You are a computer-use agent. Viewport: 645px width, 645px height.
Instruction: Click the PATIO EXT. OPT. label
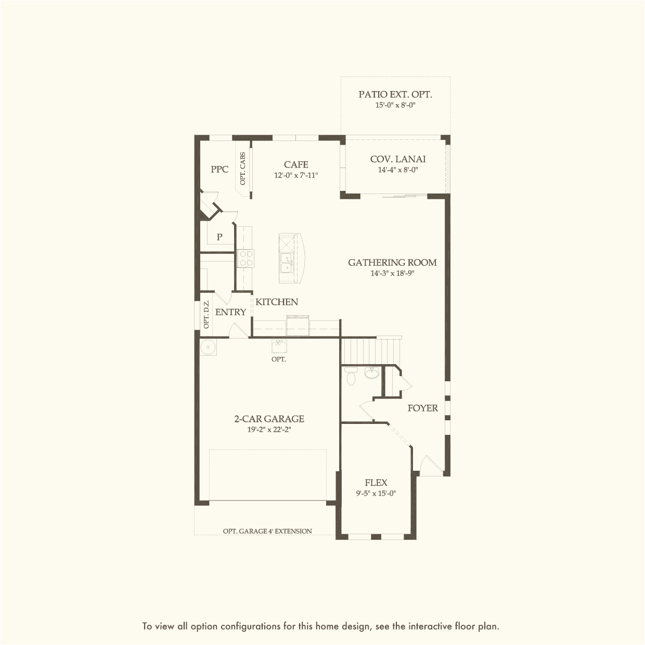[395, 94]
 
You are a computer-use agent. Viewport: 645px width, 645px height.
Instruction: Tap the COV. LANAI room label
[398, 159]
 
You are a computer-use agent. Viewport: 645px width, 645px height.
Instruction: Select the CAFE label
[296, 164]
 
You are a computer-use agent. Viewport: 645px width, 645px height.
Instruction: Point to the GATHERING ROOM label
[392, 263]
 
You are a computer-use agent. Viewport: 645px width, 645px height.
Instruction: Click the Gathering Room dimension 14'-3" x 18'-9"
[392, 274]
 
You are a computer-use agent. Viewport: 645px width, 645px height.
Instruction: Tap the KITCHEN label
[277, 302]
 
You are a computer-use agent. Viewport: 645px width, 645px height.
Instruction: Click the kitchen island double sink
[286, 263]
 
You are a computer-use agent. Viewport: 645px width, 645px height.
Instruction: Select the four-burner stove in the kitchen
[245, 259]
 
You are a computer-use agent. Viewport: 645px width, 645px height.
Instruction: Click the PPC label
[220, 169]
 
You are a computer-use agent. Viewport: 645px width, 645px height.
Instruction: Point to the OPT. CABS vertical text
[243, 169]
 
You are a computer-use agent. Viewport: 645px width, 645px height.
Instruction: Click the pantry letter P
[220, 237]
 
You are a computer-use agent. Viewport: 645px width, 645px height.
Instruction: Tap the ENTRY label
[230, 312]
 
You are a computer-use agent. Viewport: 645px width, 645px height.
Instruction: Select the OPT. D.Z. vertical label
[207, 315]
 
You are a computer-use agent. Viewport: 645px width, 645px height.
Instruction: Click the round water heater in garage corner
[208, 347]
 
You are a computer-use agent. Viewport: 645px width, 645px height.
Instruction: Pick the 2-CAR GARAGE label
[269, 419]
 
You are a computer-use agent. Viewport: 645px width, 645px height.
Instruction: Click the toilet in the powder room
[351, 377]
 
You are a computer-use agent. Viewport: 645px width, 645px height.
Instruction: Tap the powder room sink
[371, 373]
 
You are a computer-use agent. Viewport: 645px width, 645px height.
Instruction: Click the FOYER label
[422, 408]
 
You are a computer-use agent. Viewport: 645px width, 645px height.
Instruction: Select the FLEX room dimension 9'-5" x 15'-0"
[376, 494]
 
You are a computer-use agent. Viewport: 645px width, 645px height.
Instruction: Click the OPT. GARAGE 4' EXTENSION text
[267, 531]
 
